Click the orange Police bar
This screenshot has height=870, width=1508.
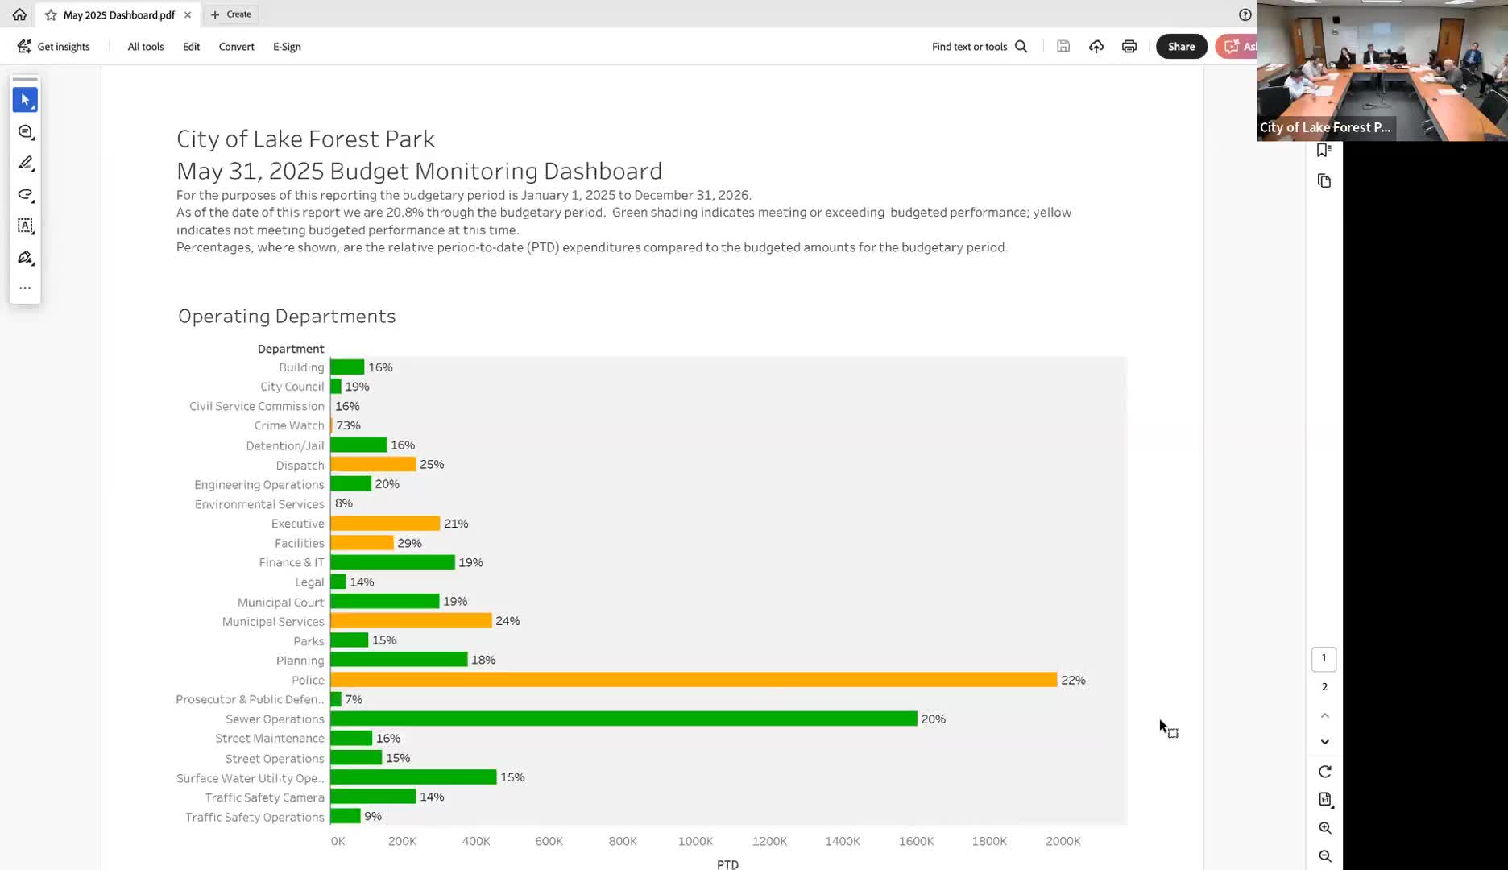pyautogui.click(x=693, y=680)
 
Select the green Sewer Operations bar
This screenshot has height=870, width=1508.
pyautogui.click(x=623, y=719)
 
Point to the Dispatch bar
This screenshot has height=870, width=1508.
pyautogui.click(x=373, y=465)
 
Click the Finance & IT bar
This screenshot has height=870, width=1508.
pyautogui.click(x=392, y=562)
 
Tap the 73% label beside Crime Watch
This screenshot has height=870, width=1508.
pyautogui.click(x=348, y=425)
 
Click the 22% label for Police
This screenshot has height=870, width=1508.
pyautogui.click(x=1073, y=680)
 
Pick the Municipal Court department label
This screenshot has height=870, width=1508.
pyautogui.click(x=280, y=602)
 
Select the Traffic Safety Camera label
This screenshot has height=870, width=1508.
pyautogui.click(x=264, y=797)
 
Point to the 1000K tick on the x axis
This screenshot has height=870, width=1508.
pyautogui.click(x=695, y=841)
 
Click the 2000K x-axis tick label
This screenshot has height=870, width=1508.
pyautogui.click(x=1063, y=841)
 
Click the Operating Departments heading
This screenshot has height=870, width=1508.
pyautogui.click(x=287, y=316)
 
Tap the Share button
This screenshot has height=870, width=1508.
pyautogui.click(x=1181, y=47)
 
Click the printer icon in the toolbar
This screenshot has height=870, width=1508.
pyautogui.click(x=1129, y=47)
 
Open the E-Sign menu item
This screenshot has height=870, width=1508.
pyautogui.click(x=287, y=47)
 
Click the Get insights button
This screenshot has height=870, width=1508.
pyautogui.click(x=54, y=47)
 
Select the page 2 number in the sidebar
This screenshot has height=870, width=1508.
pyautogui.click(x=1324, y=686)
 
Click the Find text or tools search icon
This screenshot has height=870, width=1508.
pyautogui.click(x=1021, y=47)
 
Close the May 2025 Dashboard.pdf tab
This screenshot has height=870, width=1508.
pyautogui.click(x=188, y=14)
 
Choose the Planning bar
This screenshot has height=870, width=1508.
pyautogui.click(x=399, y=660)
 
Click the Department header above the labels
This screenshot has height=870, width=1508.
pyautogui.click(x=291, y=349)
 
